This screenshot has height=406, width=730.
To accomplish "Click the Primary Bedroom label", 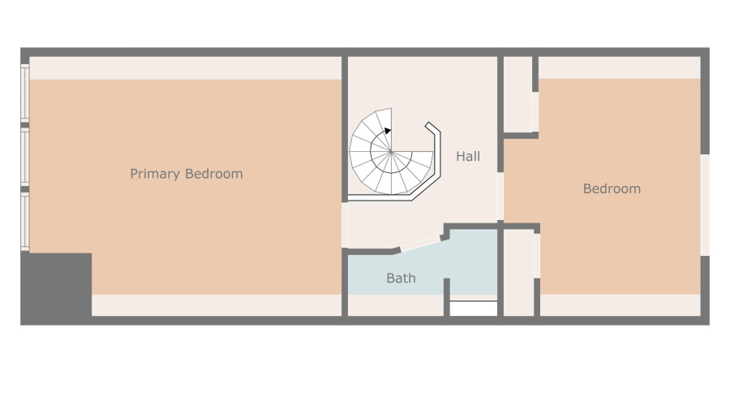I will point(186,174).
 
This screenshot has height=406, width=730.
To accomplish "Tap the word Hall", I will point(468,156).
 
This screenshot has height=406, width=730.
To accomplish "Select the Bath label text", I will point(401,279).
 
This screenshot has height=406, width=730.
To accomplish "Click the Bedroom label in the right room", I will point(612,188).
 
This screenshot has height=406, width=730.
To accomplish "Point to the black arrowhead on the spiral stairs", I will point(389,130).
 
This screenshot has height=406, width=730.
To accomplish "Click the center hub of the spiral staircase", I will point(390,152).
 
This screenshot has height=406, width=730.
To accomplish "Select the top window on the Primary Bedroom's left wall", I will point(25,94).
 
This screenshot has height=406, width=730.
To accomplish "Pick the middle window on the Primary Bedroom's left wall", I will point(25,158).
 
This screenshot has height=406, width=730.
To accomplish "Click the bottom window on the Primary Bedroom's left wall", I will point(25,221).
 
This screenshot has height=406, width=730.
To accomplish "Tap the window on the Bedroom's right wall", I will point(704,205).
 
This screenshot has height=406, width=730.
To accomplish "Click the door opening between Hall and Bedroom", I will point(500,196).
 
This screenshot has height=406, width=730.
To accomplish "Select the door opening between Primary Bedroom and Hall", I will point(345,225).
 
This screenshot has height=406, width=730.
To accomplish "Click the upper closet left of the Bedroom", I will point(518,93).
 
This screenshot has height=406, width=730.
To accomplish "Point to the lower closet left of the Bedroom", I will point(519,272).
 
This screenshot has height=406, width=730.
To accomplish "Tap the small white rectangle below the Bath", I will point(473,309).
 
